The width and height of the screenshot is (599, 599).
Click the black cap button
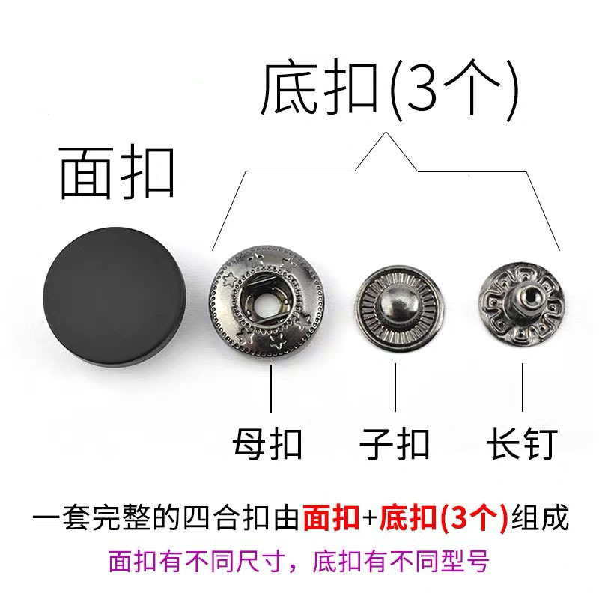(x=115, y=297)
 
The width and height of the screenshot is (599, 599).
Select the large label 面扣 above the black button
(x=117, y=172)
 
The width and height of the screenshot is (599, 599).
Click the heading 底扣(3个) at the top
(x=389, y=88)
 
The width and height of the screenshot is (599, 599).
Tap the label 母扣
(x=267, y=444)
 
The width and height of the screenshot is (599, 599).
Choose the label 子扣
(x=395, y=444)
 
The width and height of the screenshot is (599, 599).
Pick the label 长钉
(x=522, y=444)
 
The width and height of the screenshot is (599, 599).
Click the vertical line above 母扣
(x=271, y=389)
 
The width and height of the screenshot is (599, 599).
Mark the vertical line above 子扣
(x=395, y=387)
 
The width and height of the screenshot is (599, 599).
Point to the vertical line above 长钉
(x=522, y=387)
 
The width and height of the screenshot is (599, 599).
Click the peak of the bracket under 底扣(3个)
(x=386, y=133)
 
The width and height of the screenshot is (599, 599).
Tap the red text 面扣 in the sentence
(x=331, y=518)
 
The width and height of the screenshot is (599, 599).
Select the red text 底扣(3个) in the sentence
(x=444, y=518)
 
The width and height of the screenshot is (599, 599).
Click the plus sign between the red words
(x=369, y=519)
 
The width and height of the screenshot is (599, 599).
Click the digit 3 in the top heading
(x=421, y=90)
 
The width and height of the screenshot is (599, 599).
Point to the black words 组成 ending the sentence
(x=539, y=518)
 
